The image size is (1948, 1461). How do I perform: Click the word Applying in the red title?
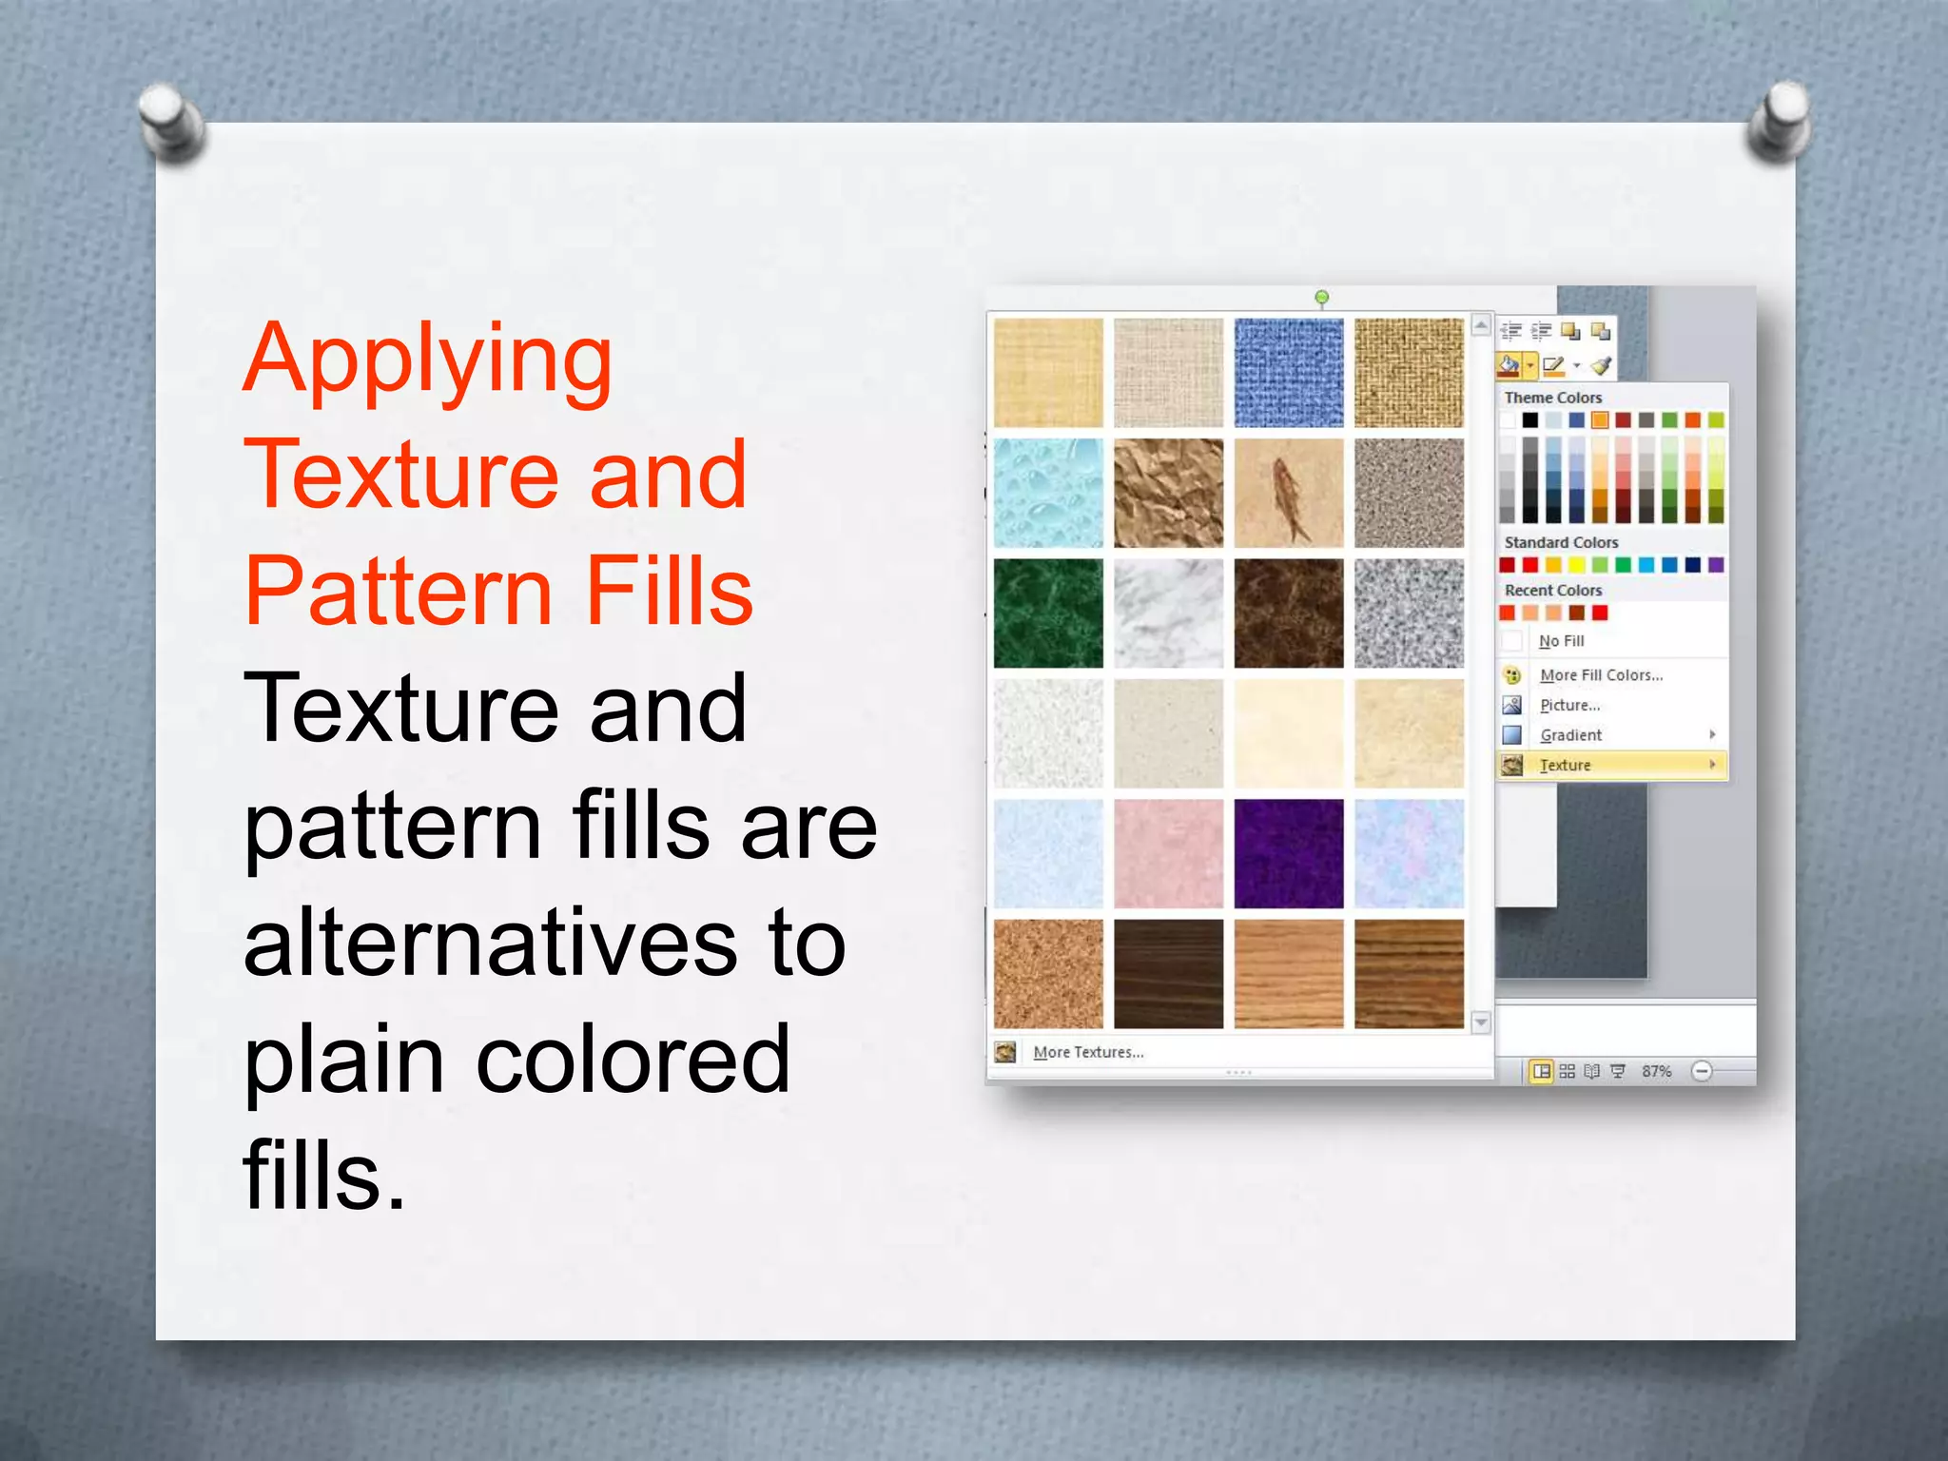coord(427,362)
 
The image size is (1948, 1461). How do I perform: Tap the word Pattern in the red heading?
coord(399,592)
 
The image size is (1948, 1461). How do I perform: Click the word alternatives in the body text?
coord(489,944)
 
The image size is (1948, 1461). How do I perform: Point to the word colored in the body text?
coord(632,1060)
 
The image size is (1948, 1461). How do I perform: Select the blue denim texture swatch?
coord(1288,373)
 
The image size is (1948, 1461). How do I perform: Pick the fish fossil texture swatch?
coord(1288,493)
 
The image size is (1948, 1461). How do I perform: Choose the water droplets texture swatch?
coord(1048,493)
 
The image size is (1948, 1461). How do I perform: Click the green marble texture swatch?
coord(1048,613)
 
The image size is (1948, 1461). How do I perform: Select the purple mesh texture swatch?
coord(1288,853)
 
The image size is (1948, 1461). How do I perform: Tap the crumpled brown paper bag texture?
coord(1168,493)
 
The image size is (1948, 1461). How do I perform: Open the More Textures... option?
coord(1088,1052)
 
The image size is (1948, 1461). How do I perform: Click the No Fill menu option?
coord(1561,641)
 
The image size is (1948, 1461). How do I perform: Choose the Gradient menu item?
coord(1570,735)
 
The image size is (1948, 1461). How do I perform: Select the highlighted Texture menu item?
coord(1566,765)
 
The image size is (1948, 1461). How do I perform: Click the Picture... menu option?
coord(1569,705)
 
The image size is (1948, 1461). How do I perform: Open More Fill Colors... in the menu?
coord(1601,675)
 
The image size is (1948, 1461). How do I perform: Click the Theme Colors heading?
coord(1552,398)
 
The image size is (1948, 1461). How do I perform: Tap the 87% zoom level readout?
coord(1656,1071)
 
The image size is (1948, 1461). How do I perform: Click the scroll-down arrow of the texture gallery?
coord(1481,1023)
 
